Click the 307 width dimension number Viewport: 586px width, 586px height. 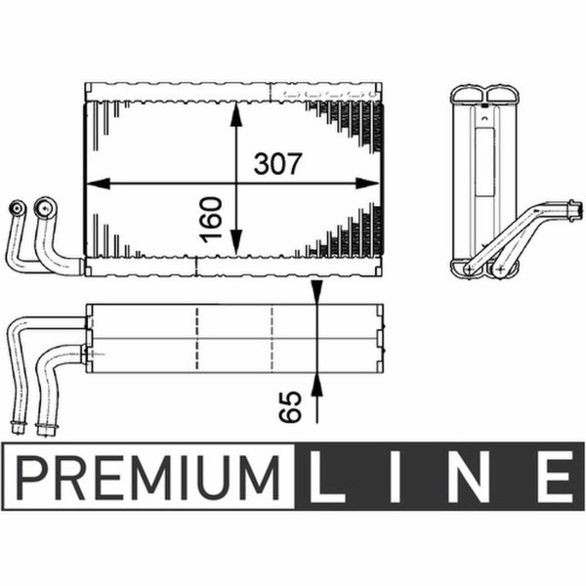coord(277,164)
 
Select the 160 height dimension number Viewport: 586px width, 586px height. coord(211,220)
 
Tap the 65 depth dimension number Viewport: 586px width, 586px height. coord(290,406)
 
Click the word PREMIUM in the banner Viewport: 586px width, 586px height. coord(148,478)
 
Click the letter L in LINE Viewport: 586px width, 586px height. coord(326,477)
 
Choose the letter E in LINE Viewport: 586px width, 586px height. coord(555,477)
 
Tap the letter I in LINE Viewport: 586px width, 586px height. coord(395,477)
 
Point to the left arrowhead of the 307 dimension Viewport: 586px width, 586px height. coord(99,184)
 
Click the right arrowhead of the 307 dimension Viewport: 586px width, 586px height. coord(368,184)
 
